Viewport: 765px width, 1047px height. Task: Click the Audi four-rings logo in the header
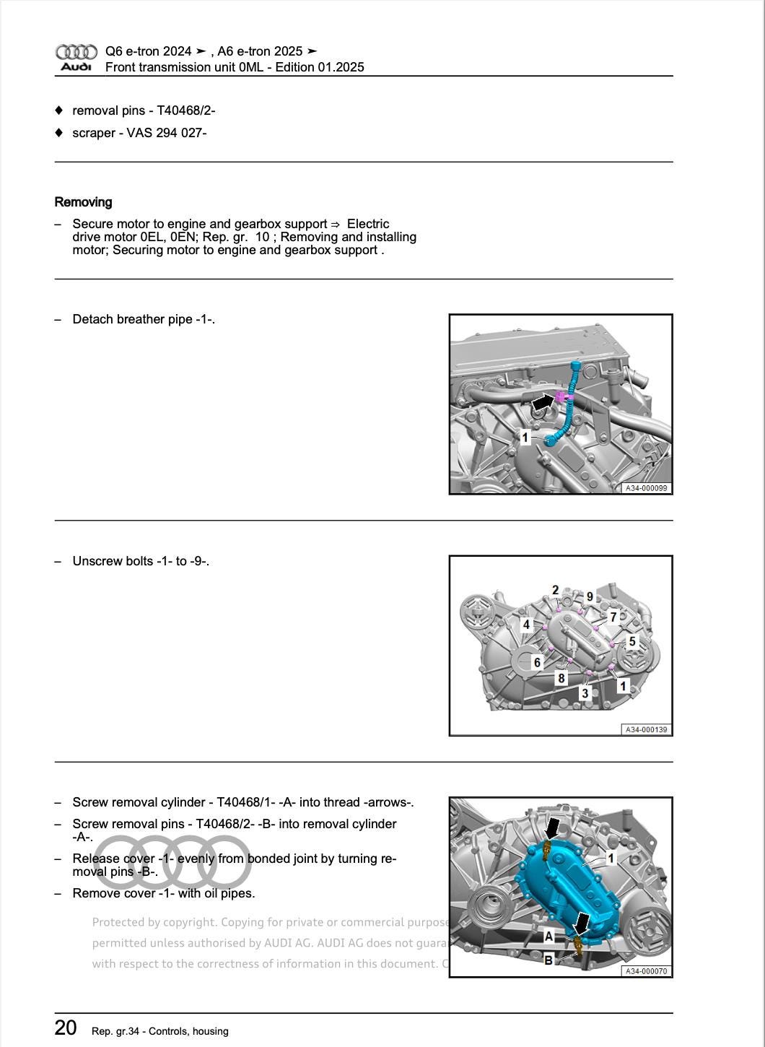click(76, 52)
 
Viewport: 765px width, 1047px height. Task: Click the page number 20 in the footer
click(66, 1028)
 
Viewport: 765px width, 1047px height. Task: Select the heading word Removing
click(83, 202)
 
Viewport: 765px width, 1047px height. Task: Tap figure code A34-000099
click(646, 488)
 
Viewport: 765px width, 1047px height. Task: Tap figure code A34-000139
click(646, 729)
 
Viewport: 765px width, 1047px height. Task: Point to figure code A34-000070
click(646, 971)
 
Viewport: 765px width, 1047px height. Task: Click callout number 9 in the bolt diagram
click(590, 596)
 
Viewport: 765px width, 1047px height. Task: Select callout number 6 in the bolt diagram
click(536, 662)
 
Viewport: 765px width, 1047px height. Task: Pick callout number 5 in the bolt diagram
click(632, 641)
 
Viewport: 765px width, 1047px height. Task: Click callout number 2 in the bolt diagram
click(555, 590)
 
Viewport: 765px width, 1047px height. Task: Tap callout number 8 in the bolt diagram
click(561, 678)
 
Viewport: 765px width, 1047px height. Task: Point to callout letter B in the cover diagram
click(548, 960)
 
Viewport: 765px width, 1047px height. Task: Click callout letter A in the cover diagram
click(548, 937)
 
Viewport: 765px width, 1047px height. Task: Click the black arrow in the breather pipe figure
click(543, 401)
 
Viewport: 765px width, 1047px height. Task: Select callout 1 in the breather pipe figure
click(525, 437)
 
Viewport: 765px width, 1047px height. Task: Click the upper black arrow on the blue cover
click(552, 827)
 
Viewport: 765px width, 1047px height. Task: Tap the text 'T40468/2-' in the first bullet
click(186, 110)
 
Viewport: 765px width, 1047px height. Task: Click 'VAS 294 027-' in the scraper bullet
click(167, 133)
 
